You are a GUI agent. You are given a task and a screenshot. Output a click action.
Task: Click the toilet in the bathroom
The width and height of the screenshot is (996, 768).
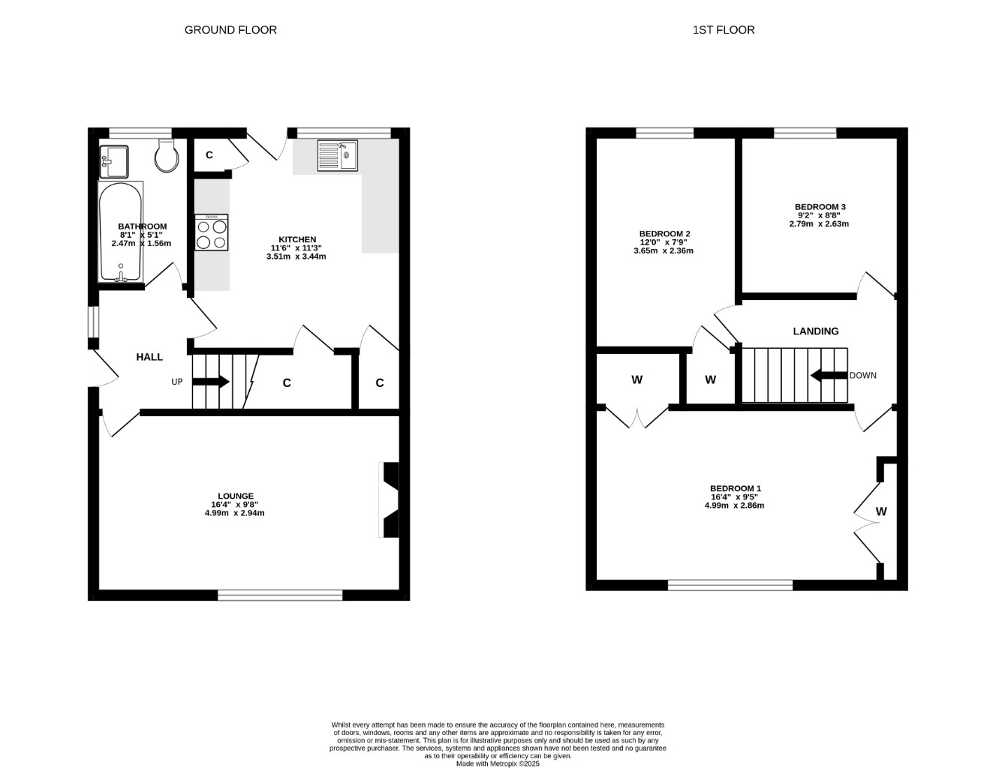(167, 156)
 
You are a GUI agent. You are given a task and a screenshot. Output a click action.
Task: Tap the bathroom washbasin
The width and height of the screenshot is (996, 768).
(113, 162)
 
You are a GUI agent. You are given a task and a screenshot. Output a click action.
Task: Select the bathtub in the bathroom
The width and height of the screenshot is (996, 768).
(121, 232)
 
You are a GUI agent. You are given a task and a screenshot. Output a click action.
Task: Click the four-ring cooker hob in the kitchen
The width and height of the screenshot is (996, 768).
(212, 232)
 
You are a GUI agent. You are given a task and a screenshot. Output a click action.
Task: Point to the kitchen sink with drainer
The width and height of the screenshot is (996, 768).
(337, 156)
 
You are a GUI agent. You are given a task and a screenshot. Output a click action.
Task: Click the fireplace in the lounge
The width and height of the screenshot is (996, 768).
(389, 499)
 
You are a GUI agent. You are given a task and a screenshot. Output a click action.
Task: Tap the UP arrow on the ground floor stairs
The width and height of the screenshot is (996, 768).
(210, 382)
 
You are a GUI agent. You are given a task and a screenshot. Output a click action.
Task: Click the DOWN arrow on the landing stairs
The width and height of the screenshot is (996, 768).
(829, 376)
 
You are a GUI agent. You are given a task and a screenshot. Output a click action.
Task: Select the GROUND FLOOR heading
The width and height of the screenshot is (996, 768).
(230, 30)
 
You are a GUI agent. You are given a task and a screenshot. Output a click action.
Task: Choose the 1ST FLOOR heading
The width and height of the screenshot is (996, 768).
(724, 30)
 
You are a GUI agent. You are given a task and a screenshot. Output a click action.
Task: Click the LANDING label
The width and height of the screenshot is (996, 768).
(816, 331)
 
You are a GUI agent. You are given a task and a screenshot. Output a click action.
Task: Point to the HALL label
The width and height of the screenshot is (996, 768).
(149, 357)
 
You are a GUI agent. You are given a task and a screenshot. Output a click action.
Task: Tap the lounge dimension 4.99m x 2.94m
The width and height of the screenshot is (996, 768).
(235, 513)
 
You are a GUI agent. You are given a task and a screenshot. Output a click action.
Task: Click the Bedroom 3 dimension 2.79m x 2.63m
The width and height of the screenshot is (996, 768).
(819, 224)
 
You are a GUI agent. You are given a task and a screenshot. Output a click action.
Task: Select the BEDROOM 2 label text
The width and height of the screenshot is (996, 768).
(664, 233)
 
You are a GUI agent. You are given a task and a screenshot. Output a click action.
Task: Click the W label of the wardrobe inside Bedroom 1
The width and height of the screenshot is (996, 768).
(881, 511)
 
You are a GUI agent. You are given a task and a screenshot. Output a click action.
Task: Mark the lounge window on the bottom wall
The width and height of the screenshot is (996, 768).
(280, 595)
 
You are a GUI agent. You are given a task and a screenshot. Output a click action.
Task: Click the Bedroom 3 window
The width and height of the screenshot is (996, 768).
(805, 133)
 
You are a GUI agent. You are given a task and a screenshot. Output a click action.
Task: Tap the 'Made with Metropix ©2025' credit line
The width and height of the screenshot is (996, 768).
(498, 764)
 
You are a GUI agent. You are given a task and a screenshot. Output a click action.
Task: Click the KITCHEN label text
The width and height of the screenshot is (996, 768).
(297, 239)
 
